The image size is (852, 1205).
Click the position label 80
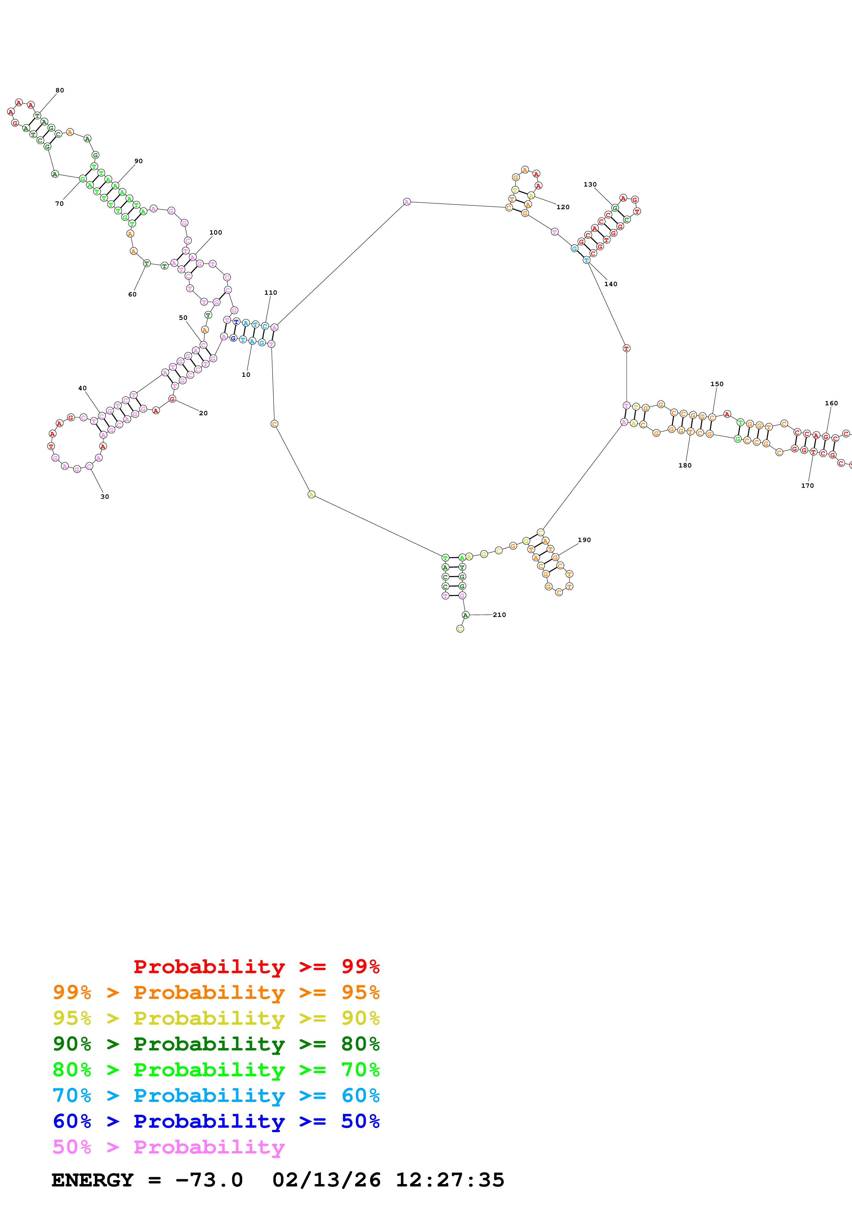click(x=60, y=90)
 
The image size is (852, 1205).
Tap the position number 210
click(x=499, y=615)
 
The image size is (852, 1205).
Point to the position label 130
click(x=590, y=184)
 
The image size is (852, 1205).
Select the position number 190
click(x=584, y=540)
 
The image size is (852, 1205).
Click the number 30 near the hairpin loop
click(x=105, y=496)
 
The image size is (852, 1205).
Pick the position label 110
click(x=271, y=292)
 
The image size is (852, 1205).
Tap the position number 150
click(x=717, y=384)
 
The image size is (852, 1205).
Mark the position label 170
click(x=807, y=485)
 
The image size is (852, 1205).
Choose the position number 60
click(x=132, y=294)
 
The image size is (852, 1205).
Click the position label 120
click(x=563, y=207)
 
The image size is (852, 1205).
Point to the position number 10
click(x=246, y=375)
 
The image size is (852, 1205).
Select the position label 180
click(x=685, y=465)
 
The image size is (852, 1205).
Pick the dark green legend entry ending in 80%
click(x=216, y=1044)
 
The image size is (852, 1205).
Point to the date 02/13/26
click(x=326, y=1180)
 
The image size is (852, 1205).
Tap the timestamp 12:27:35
click(x=450, y=1180)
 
